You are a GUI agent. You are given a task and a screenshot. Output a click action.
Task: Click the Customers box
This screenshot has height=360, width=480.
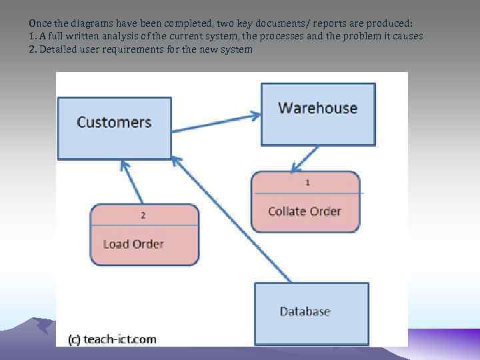coord(114,128)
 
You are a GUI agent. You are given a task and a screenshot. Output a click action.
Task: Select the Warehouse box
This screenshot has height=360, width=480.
coord(318,114)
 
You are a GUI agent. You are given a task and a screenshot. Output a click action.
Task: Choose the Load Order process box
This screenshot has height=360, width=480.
coord(144,235)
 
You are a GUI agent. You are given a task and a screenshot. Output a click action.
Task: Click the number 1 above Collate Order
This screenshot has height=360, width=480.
coord(307,181)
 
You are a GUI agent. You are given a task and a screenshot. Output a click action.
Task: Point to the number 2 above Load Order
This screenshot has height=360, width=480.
coord(143,215)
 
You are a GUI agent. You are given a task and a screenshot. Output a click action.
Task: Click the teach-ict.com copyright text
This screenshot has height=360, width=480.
coord(112,339)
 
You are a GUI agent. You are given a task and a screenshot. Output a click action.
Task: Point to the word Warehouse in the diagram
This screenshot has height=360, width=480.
coord(317,108)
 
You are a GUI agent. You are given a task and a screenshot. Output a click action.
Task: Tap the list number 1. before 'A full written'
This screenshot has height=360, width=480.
coord(32,35)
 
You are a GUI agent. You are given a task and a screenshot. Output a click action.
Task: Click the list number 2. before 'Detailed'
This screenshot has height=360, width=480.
coord(32,49)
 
